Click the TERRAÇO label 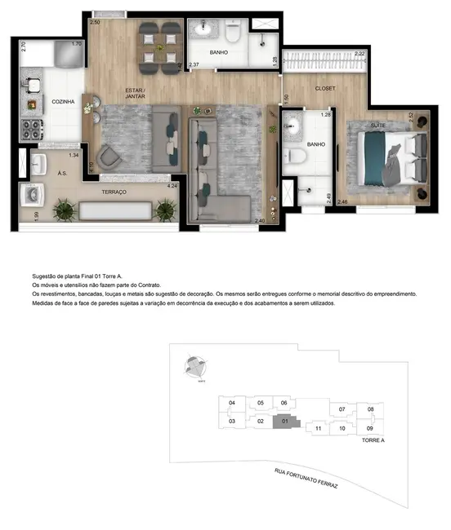114,191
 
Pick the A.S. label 62,173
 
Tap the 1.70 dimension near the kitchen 77,44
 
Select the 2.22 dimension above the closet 360,54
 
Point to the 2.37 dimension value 194,64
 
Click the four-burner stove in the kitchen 35,129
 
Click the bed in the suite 390,158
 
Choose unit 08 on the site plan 370,409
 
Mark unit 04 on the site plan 232,403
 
